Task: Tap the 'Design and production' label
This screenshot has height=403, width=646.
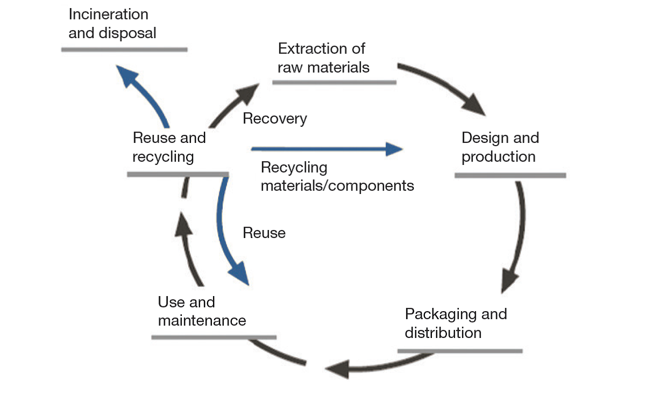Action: (500, 147)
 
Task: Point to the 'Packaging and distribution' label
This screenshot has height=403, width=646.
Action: (456, 323)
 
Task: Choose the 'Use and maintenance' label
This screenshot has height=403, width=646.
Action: (202, 311)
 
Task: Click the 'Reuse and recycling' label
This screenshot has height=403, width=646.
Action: (169, 147)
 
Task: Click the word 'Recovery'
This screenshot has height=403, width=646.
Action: (275, 119)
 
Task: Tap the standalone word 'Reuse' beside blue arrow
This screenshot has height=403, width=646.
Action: (264, 233)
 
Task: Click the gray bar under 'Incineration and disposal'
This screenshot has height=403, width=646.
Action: (124, 49)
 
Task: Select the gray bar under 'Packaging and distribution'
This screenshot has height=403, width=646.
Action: (460, 351)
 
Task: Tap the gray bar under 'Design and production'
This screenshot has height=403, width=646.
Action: (510, 175)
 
